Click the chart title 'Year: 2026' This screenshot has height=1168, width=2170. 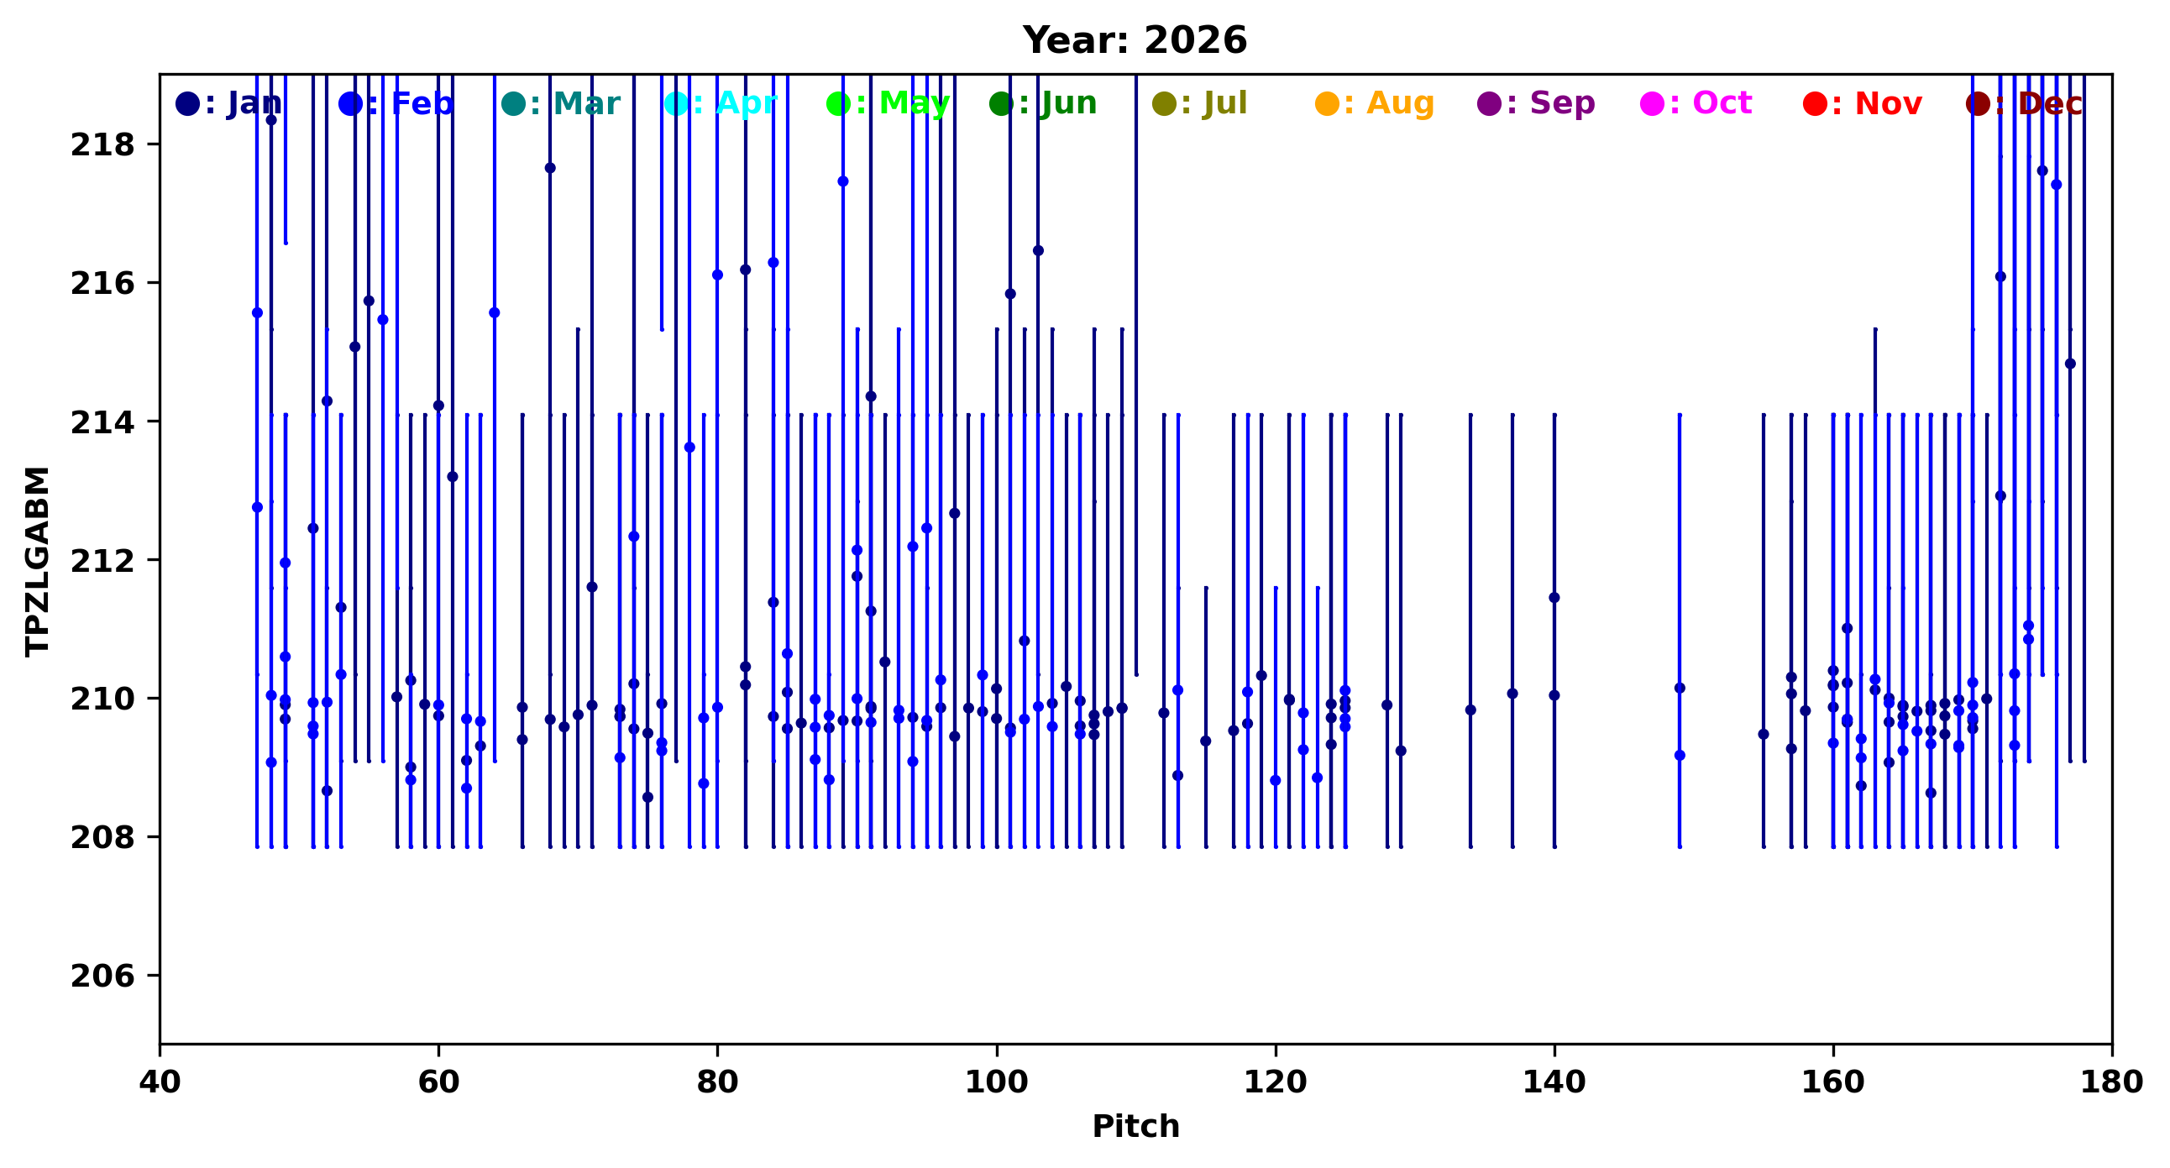pyautogui.click(x=1135, y=40)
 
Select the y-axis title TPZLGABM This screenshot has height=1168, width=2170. pyautogui.click(x=37, y=561)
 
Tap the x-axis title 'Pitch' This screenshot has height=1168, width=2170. pyautogui.click(x=1135, y=1127)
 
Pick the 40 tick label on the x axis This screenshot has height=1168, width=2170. pyautogui.click(x=160, y=1082)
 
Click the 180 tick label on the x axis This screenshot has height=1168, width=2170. pyautogui.click(x=2111, y=1082)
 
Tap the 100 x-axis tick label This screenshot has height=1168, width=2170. pyautogui.click(x=997, y=1082)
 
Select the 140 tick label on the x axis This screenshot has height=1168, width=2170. pyautogui.click(x=1554, y=1082)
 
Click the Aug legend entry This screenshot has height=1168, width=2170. pyautogui.click(x=1375, y=103)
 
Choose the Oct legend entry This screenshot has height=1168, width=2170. pyautogui.click(x=1697, y=103)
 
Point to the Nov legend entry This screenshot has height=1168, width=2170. pyautogui.click(x=1863, y=103)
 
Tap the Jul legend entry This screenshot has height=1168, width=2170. pyautogui.click(x=1200, y=103)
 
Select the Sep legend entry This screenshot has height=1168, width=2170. pyautogui.click(x=1537, y=103)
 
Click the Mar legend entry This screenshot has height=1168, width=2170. pyautogui.click(x=561, y=103)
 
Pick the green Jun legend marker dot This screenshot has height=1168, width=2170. pyautogui.click(x=1002, y=104)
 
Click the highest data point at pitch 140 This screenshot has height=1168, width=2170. pyautogui.click(x=1554, y=598)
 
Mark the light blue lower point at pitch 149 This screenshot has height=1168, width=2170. pyautogui.click(x=1680, y=756)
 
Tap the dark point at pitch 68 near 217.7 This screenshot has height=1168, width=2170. pyautogui.click(x=550, y=168)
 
